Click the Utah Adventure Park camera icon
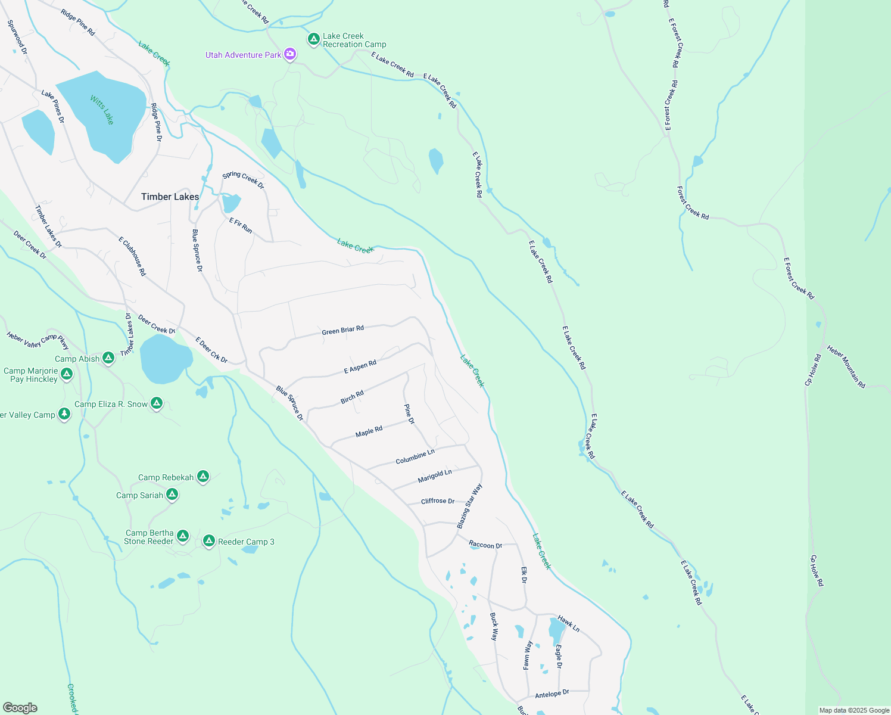tap(290, 55)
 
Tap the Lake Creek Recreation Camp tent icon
tap(313, 39)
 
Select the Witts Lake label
tap(102, 110)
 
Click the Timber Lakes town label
tap(170, 197)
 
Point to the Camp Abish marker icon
tap(108, 358)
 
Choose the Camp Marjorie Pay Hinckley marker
tap(67, 374)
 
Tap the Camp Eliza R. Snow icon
tap(157, 403)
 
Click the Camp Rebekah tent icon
tap(203, 477)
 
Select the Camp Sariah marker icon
tap(172, 495)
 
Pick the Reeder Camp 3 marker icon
tap(208, 541)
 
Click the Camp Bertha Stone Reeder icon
tap(183, 536)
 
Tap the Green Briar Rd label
tap(342, 330)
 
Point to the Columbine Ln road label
tap(415, 457)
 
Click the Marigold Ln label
tap(435, 476)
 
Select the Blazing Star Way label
tap(469, 506)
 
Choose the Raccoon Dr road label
tap(485, 545)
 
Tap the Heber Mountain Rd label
tap(846, 366)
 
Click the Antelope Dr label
tap(552, 694)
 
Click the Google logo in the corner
tap(20, 708)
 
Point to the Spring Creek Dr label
tap(243, 179)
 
